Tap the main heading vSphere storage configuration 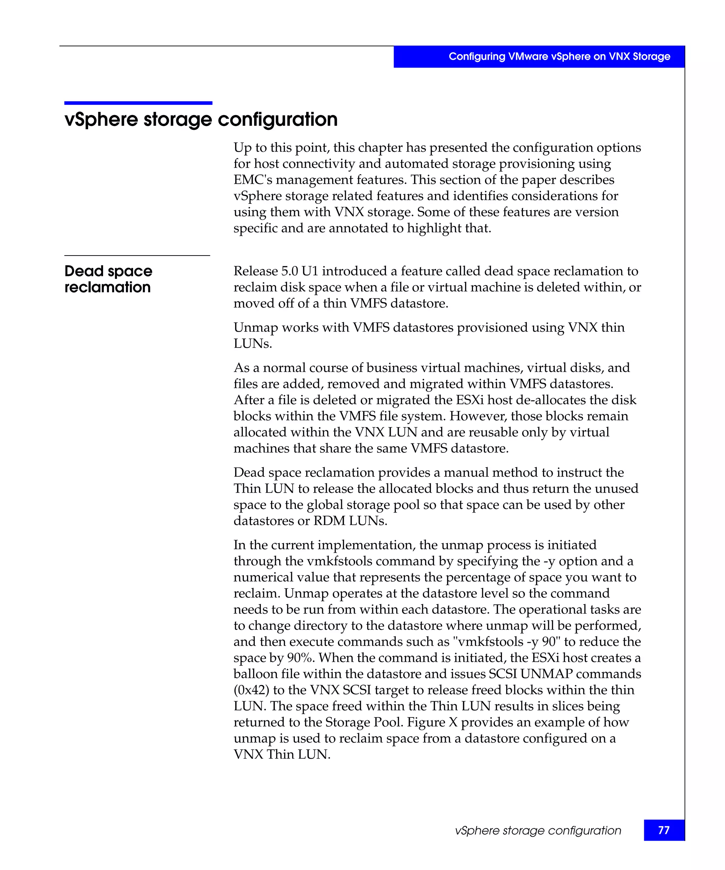(201, 119)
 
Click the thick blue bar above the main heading (138, 103)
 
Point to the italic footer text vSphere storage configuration (538, 830)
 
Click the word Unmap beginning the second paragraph (256, 327)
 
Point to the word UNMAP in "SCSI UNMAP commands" (547, 674)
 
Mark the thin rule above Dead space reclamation (137, 256)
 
